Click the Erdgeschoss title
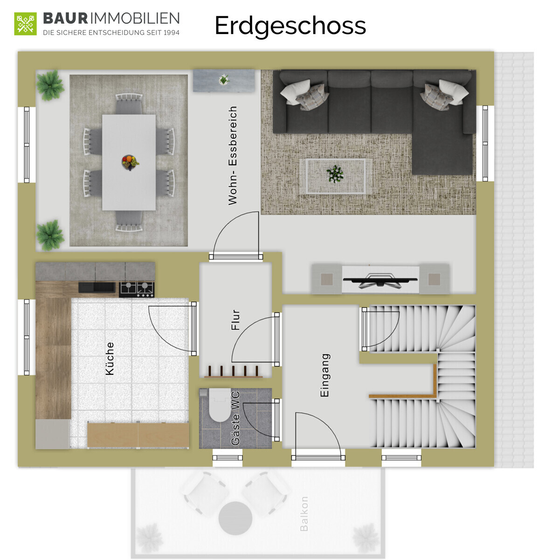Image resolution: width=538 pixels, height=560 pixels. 290,26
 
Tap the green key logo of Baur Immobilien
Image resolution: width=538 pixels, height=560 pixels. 25,24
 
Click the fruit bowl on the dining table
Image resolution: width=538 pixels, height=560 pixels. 130,162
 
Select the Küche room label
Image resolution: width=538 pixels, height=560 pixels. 110,358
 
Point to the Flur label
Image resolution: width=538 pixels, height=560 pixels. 235,319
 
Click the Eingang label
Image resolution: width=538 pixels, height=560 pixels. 324,375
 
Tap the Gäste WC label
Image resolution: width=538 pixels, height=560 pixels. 235,418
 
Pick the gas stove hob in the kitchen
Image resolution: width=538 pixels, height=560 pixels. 137,289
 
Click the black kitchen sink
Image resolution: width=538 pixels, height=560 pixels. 97,287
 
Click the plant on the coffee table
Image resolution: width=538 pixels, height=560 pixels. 335,174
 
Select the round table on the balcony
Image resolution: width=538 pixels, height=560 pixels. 235,518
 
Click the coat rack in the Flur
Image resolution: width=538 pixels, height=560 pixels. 233,371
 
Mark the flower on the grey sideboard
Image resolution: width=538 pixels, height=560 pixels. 224,79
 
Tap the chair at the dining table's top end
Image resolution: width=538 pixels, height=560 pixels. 129,104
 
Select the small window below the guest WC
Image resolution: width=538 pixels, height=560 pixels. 228,457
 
